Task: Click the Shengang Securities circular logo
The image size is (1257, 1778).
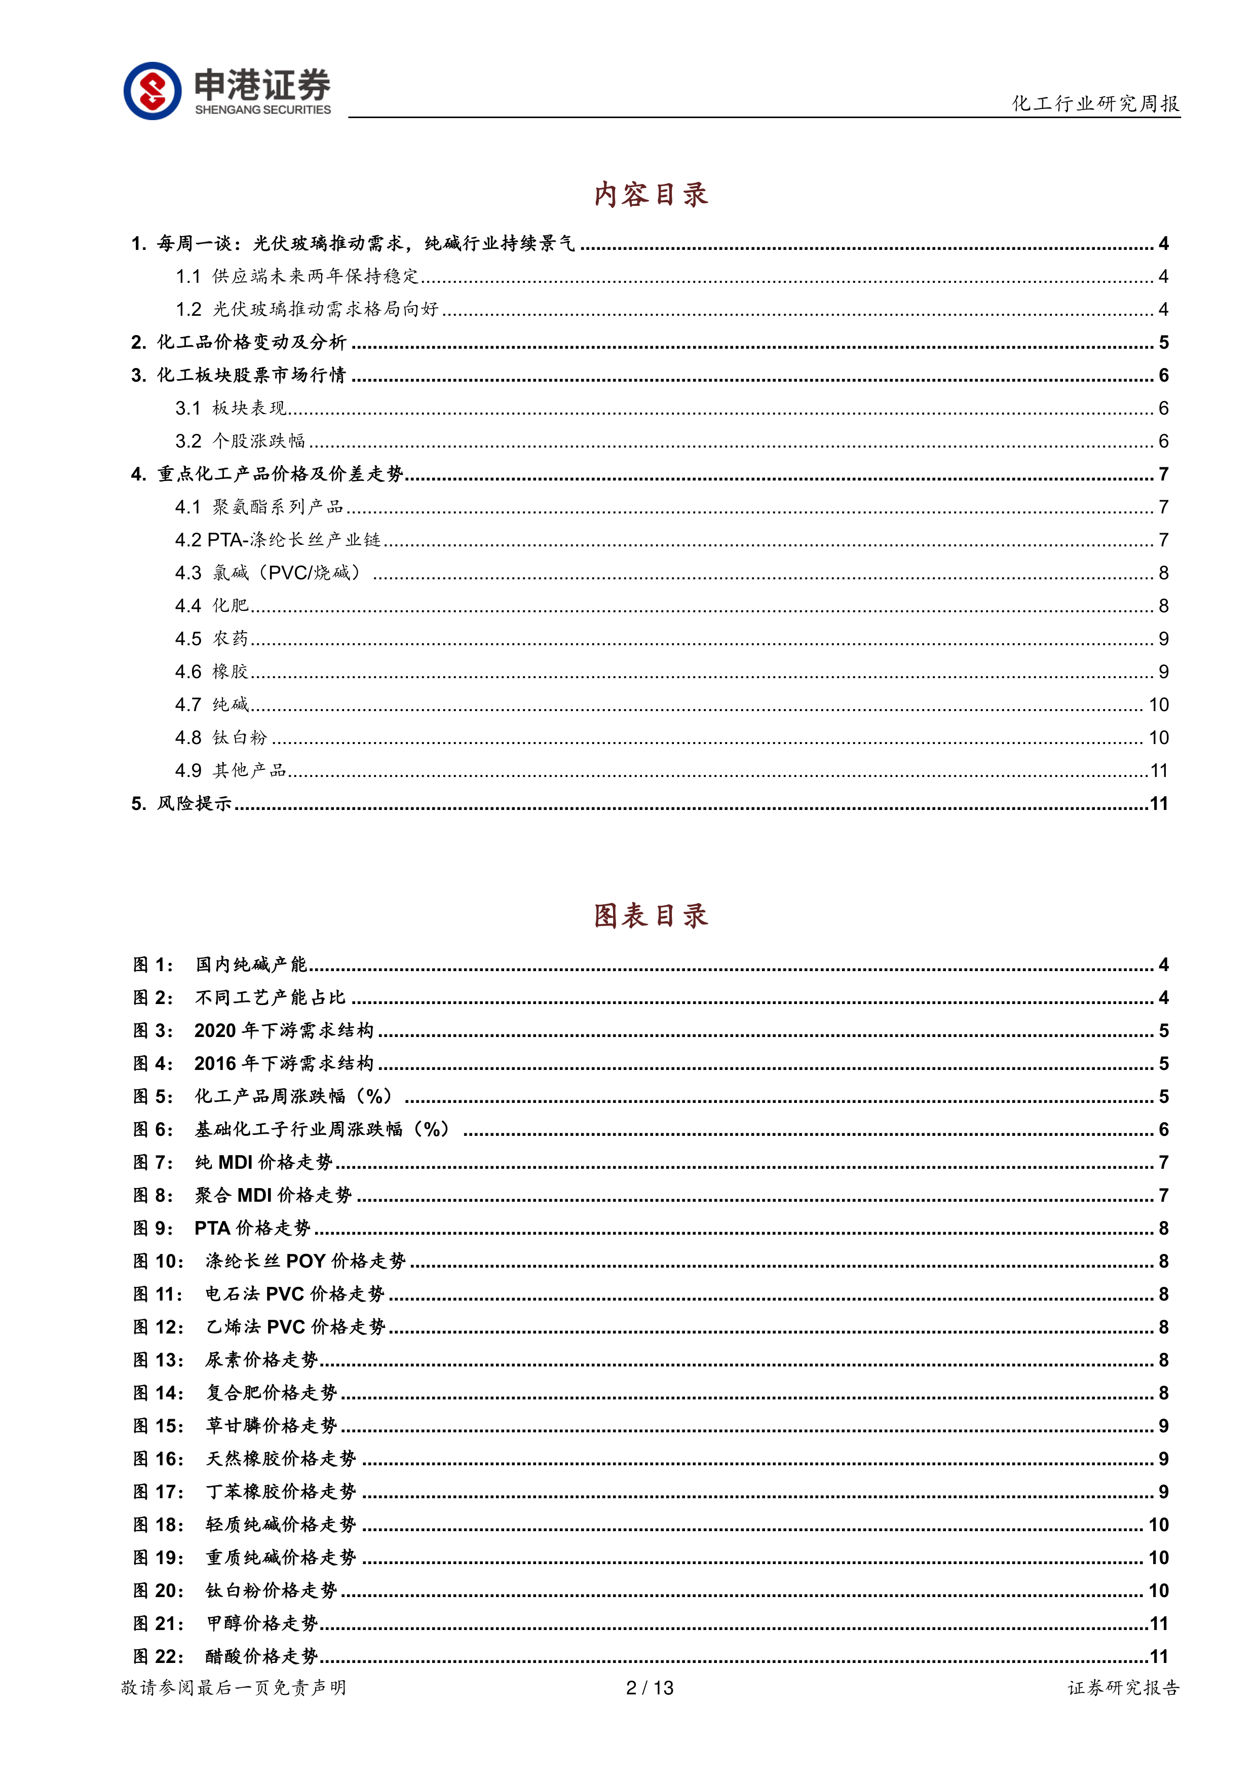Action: [x=153, y=91]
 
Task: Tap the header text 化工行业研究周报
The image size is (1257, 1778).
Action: [x=1095, y=103]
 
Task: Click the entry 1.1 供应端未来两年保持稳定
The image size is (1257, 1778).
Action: [x=297, y=276]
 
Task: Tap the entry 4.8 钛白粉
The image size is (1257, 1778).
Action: [x=221, y=738]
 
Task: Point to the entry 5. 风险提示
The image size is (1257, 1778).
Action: [x=182, y=804]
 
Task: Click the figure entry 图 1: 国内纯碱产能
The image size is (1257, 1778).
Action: [x=220, y=965]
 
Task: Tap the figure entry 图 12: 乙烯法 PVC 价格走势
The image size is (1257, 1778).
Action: [x=259, y=1327]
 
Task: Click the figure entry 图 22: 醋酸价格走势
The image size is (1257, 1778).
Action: [x=226, y=1656]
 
